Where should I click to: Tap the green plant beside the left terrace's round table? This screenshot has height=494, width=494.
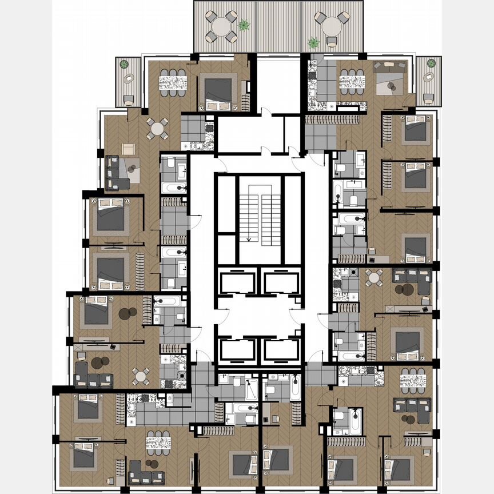click(244, 25)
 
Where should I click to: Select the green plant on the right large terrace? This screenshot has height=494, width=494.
click(313, 42)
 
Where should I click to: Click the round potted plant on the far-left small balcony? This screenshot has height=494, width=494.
click(125, 65)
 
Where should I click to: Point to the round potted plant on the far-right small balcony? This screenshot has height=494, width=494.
click(431, 63)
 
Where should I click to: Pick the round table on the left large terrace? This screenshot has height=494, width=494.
click(221, 26)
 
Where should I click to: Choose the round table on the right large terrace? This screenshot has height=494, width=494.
click(331, 26)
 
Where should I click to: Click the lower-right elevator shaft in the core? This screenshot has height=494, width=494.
click(281, 350)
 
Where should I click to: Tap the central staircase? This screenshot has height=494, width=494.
click(260, 212)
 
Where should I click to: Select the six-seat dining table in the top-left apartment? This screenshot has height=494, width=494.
click(173, 79)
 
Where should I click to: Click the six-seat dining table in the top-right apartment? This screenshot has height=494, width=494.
click(352, 79)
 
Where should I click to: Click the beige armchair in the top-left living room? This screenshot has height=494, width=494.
click(128, 149)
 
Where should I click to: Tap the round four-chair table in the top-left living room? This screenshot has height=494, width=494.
click(157, 128)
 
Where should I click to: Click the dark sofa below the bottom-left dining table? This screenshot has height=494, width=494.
click(146, 472)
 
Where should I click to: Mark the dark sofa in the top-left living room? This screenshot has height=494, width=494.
click(118, 174)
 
